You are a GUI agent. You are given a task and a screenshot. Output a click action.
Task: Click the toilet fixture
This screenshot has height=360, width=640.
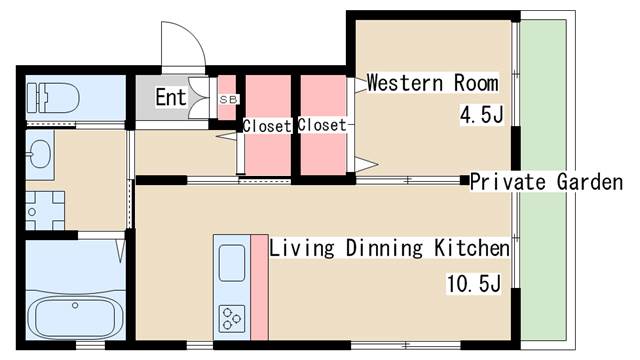pos(53,98)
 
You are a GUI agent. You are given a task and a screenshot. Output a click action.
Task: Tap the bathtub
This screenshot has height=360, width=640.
pos(76,316)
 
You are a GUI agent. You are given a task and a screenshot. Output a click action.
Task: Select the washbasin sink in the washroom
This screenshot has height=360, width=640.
pos(40,154)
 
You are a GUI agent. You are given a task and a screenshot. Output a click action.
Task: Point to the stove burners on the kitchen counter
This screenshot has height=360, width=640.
pos(232,318)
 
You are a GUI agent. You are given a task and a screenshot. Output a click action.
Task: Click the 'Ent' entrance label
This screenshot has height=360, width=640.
pos(171,98)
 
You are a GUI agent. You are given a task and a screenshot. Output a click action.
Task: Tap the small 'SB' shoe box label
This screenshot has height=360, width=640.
pos(229,99)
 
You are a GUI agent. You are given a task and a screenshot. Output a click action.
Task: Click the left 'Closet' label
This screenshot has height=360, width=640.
pos(267,126)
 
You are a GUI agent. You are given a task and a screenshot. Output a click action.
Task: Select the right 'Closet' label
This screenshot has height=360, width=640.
pos(322,125)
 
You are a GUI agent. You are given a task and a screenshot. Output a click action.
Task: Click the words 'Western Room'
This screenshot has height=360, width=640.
pos(433,83)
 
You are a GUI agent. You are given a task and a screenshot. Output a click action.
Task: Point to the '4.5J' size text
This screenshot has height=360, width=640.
pos(481,115)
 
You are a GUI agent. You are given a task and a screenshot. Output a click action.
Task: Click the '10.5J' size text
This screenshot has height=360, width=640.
pos(473,284)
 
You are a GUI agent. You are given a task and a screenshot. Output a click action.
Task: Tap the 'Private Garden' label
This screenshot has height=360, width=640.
pos(546,182)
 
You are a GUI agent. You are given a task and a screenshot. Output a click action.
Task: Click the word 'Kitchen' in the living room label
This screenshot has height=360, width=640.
pos(471,248)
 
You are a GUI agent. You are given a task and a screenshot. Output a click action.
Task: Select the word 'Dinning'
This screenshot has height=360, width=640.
pos(384,248)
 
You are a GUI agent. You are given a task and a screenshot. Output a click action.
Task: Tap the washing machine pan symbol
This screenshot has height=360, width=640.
pos(45,211)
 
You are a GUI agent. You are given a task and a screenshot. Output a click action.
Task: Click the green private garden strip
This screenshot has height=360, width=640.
pos(543,180)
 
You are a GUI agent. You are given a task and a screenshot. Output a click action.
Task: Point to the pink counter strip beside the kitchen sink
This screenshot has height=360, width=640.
pos(259,287)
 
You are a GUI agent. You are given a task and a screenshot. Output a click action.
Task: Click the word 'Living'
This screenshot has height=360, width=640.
pos(302,248)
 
